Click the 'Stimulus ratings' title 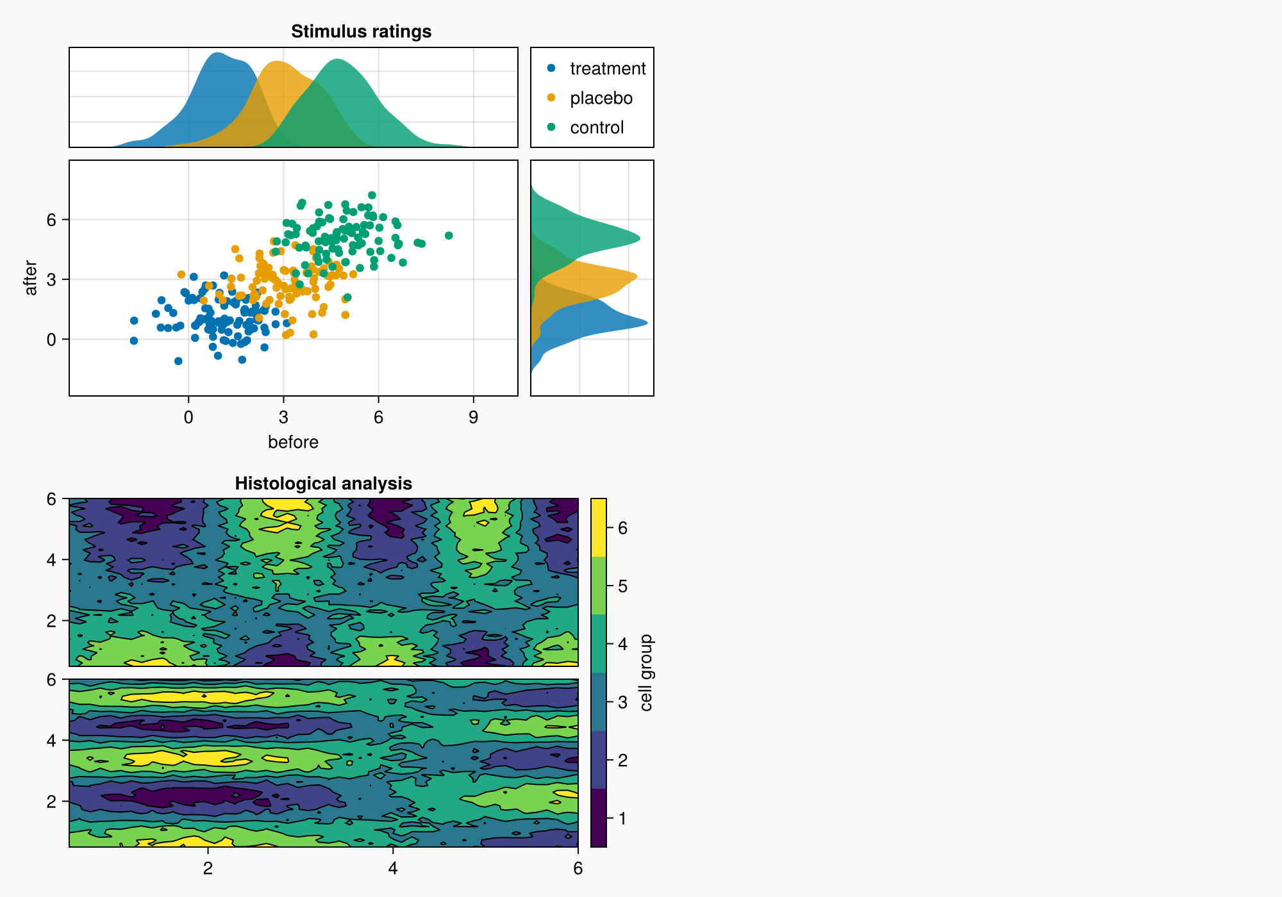[361, 31]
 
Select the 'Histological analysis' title [323, 483]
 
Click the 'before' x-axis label [293, 442]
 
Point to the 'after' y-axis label [31, 278]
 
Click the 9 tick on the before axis [473, 418]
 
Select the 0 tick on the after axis [51, 340]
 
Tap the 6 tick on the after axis [51, 220]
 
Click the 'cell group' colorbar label [646, 673]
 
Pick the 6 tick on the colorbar [622, 528]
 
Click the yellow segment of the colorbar [599, 527]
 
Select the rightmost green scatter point [449, 236]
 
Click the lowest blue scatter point [178, 361]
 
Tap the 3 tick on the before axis [283, 418]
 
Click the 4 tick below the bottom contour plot [393, 869]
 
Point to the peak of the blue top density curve [218, 53]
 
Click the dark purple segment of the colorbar [599, 818]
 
